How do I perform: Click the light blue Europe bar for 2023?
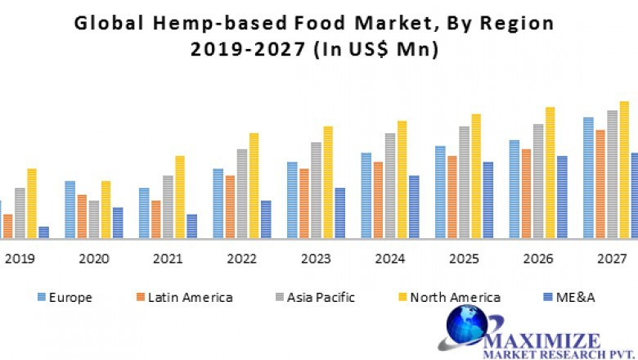pos(292,200)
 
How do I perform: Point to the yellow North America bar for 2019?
pos(32,204)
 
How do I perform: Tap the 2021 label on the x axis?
pos(168,259)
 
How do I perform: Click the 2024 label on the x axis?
pos(389,259)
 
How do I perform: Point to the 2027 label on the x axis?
pos(611,259)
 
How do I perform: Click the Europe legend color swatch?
pos(40,297)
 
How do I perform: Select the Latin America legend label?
pos(191,297)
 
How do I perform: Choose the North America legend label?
pos(455,297)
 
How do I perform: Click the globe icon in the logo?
pos(470,328)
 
